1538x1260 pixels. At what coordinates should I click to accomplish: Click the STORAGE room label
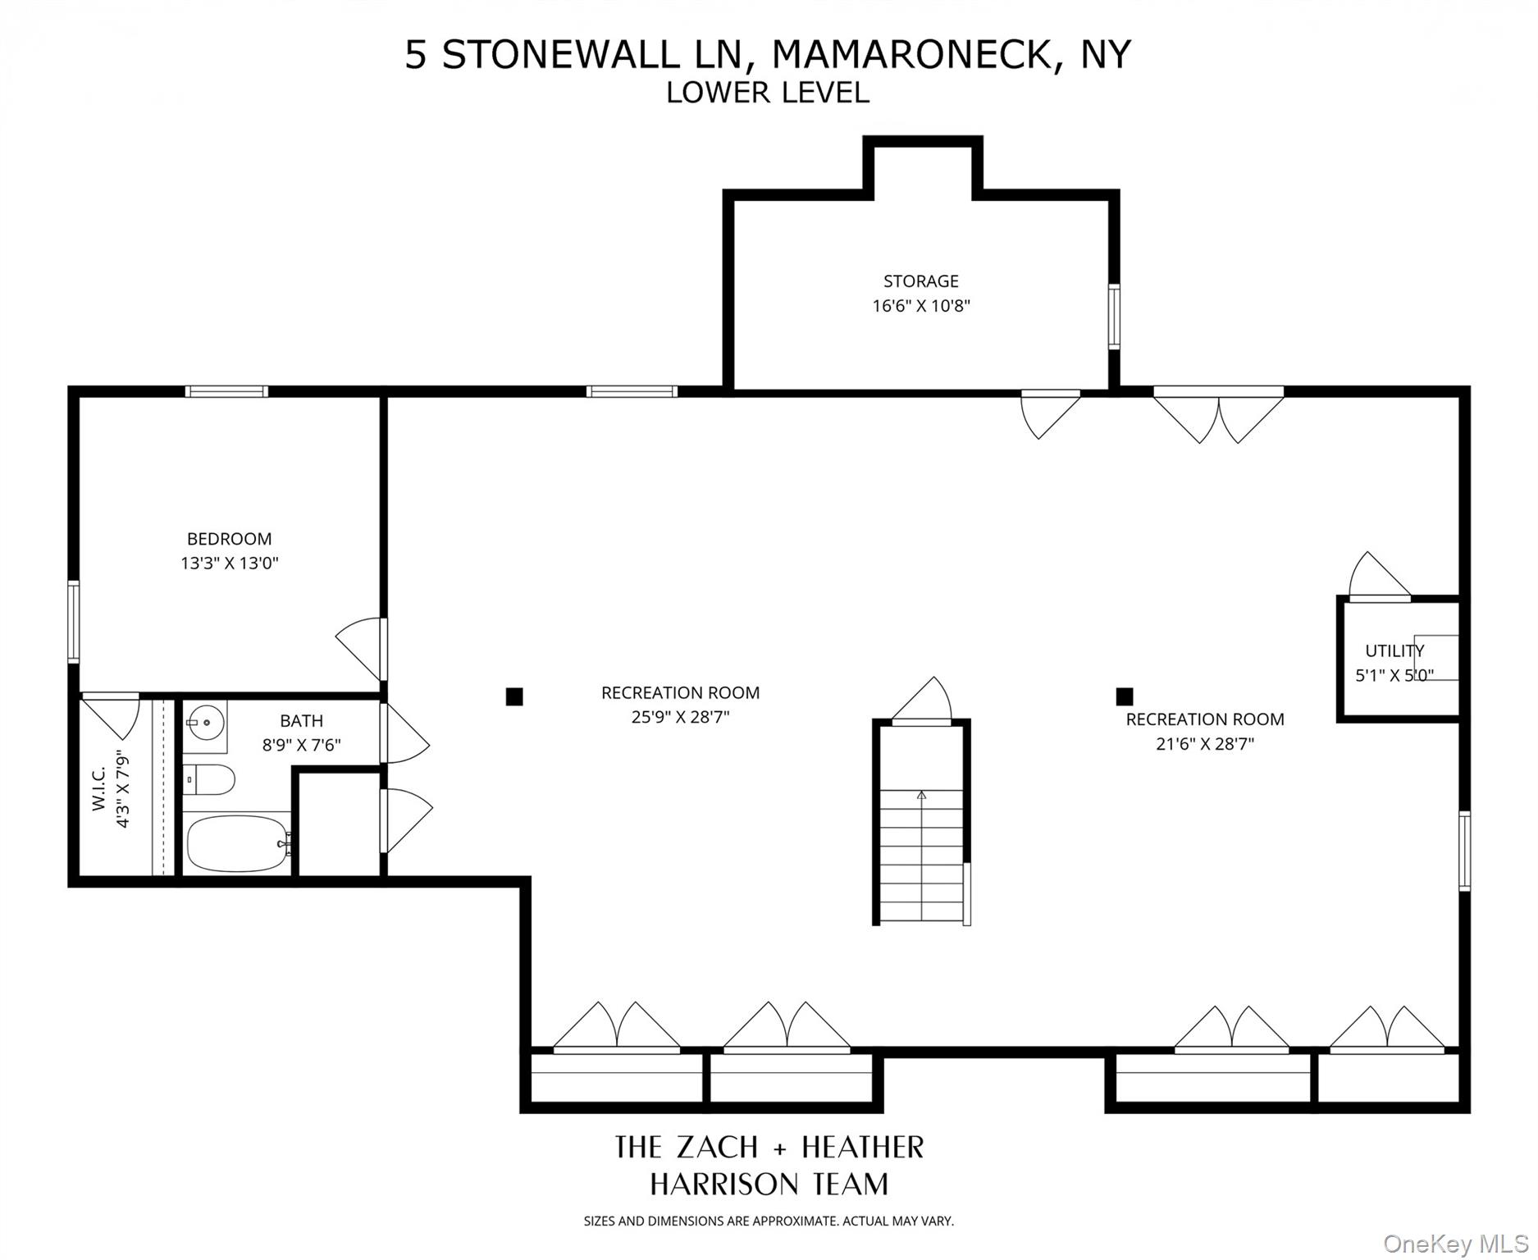(920, 281)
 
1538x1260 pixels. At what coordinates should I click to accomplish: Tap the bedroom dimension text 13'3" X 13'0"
(230, 564)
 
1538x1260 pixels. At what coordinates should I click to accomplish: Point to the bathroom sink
(204, 724)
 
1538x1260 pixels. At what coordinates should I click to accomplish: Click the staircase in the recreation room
(921, 853)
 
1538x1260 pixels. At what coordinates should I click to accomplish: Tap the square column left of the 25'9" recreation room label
(514, 696)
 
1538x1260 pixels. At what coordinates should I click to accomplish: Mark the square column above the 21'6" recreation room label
(1125, 696)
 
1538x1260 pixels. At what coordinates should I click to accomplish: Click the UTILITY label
(1394, 651)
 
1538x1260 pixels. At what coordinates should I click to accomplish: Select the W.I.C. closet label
(99, 789)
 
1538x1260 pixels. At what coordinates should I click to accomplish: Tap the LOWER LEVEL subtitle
(767, 93)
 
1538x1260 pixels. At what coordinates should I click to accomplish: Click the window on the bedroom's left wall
(74, 621)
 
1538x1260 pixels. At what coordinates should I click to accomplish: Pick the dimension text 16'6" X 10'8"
(920, 306)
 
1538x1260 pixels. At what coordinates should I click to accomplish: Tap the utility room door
(1380, 578)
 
